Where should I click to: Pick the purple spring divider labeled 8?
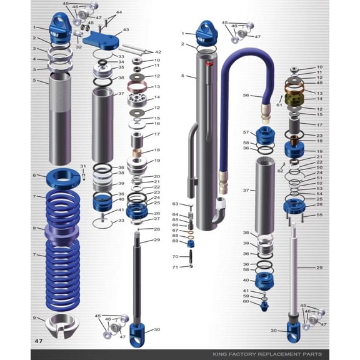61,236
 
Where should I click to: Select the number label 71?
176,267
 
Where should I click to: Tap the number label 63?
176,204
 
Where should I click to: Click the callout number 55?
319,215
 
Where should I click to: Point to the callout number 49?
319,83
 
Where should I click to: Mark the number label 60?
246,301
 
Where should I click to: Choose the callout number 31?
82,166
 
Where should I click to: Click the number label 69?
176,241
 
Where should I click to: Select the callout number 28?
157,229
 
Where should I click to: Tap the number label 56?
246,96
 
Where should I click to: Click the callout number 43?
126,29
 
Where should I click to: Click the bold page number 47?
39,341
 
